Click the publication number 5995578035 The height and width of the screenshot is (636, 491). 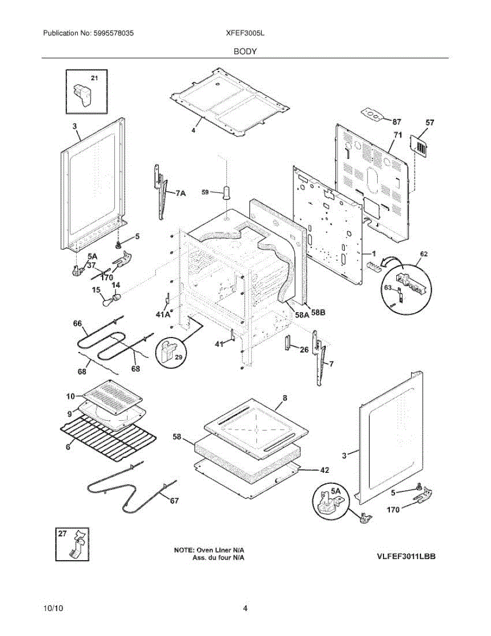(114, 33)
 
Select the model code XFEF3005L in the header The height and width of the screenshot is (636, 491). (245, 33)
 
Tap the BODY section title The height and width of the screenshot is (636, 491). (245, 51)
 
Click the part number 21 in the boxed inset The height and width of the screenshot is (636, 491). (95, 78)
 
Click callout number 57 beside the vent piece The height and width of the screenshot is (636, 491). (430, 122)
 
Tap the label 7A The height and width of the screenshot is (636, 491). (181, 194)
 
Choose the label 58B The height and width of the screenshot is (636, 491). (318, 313)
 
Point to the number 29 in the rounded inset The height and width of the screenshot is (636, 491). (178, 358)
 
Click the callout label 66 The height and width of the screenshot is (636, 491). (77, 323)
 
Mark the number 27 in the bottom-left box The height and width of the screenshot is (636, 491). (63, 534)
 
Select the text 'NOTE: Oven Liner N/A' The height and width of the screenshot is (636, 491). (212, 550)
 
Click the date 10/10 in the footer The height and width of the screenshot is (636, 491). (51, 608)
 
